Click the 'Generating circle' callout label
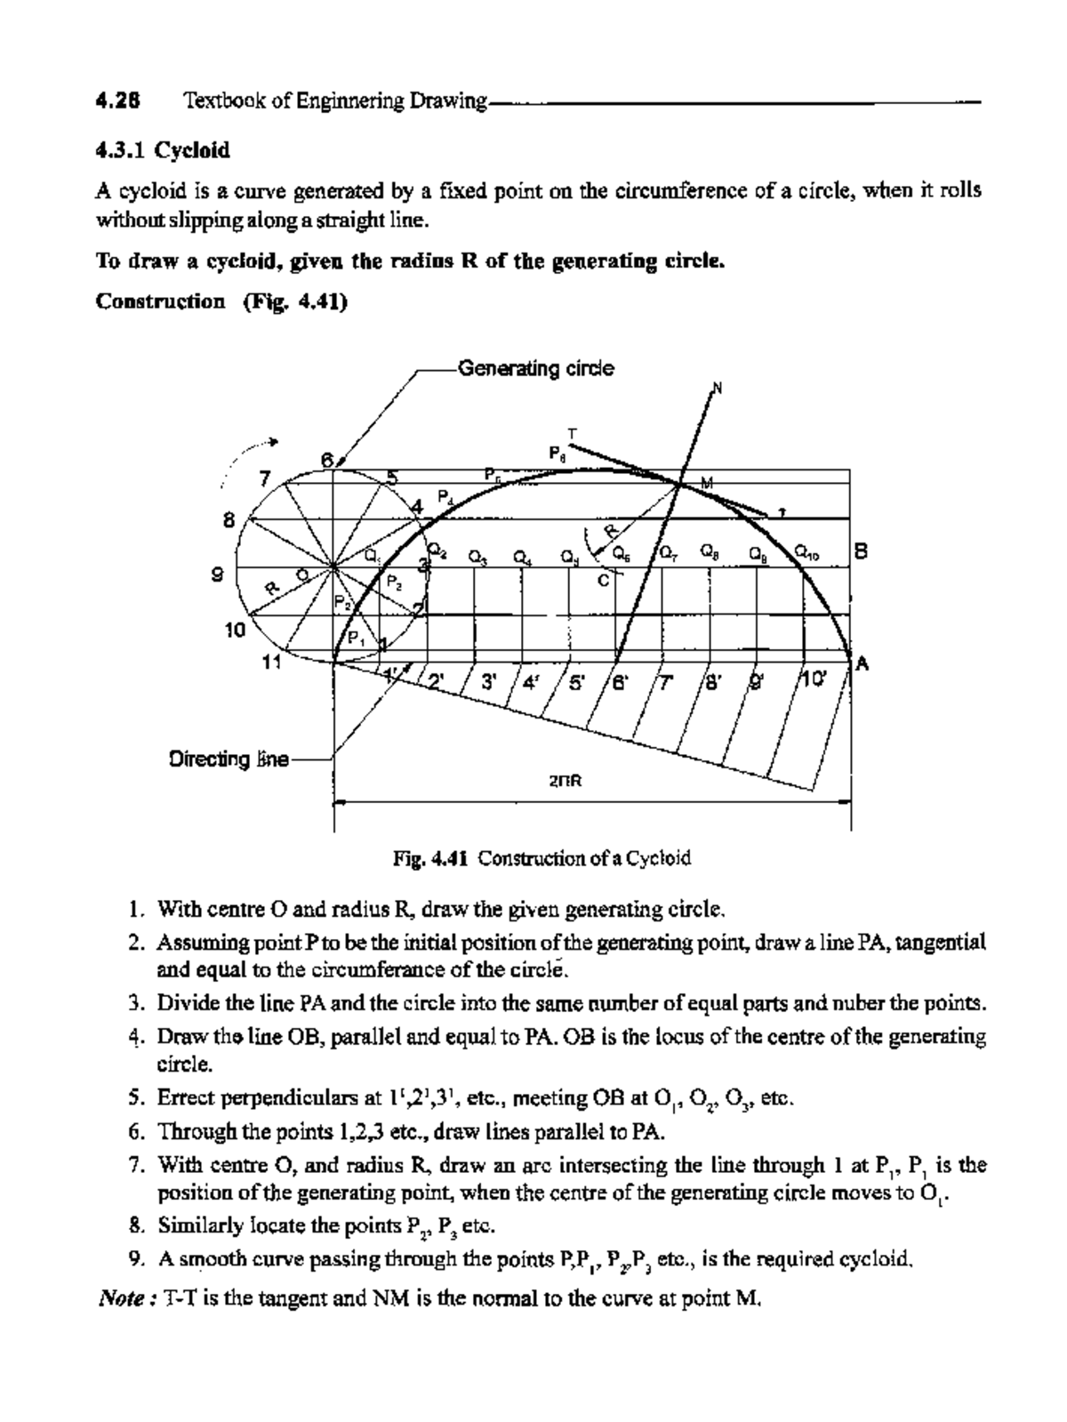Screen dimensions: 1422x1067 pyautogui.click(x=535, y=368)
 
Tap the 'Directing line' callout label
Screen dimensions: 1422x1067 pyautogui.click(x=229, y=759)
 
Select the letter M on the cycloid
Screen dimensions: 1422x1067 pyautogui.click(x=707, y=483)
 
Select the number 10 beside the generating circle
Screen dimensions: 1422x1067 pyautogui.click(x=235, y=630)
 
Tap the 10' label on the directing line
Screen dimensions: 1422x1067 pyautogui.click(x=815, y=682)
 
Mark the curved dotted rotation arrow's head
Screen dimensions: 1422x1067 pyautogui.click(x=277, y=441)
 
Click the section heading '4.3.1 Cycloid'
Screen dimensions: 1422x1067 pyautogui.click(x=163, y=150)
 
